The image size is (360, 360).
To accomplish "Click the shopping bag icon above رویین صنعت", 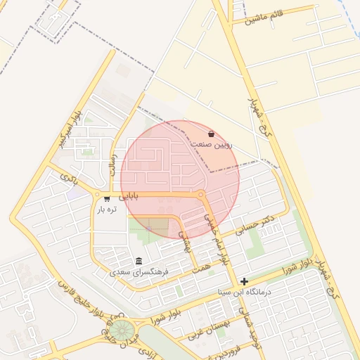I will coord(211,134).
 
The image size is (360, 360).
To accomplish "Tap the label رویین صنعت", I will coord(211,144).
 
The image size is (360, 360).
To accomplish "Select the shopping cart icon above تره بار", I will coord(106,199).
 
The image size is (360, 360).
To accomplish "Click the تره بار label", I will coord(106,209).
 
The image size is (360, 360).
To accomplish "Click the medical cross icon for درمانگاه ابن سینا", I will coord(244,281).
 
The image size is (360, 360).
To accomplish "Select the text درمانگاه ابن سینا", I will coord(245,291).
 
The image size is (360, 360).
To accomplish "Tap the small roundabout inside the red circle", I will coord(202,194).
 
